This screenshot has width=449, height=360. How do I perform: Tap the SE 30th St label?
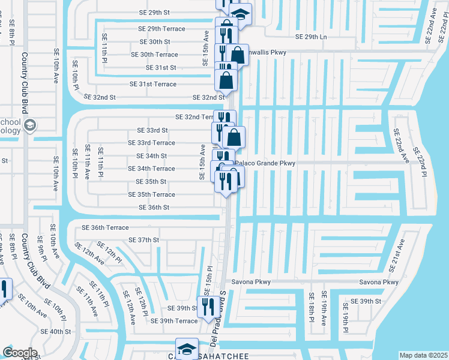coord(155,42)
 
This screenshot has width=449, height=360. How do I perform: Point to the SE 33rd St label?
coord(152,130)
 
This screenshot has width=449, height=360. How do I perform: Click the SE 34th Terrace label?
coord(152,169)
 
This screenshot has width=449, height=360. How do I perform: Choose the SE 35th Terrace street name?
coord(152,195)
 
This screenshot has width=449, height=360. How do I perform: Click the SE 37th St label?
coord(144,240)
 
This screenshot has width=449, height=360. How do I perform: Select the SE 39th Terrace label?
coord(170,322)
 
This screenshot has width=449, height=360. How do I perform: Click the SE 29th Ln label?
coord(311,37)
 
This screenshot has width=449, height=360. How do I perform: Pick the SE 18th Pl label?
coord(312,307)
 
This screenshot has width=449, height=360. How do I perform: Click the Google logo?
coord(20,353)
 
